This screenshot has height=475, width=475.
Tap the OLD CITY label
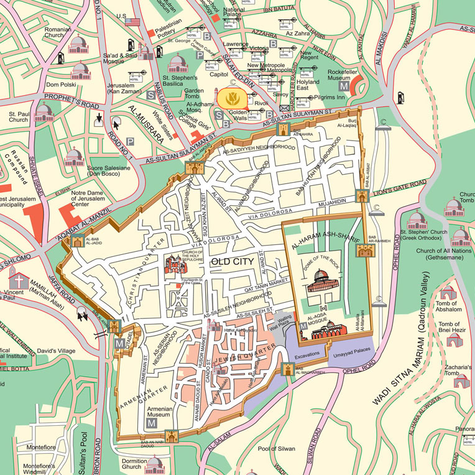pos(233,262)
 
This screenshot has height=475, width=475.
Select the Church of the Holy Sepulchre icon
pos(175,266)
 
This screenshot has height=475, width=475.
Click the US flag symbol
pos(132,21)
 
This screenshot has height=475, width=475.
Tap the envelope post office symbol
pos(285,109)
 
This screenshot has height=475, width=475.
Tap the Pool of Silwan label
pos(277,448)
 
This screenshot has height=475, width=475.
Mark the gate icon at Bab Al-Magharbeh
pos(288,369)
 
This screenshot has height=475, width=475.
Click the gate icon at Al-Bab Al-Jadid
pos(77,241)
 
